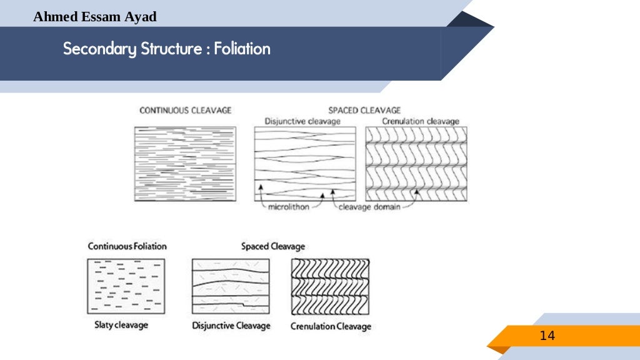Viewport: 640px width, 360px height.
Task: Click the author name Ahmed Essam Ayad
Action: point(95,17)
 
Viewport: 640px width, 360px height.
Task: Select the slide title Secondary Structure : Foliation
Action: point(167,49)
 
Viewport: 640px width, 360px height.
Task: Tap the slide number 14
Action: point(547,336)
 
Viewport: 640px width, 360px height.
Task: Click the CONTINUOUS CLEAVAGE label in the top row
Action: point(185,111)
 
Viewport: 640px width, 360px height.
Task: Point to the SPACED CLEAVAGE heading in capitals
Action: point(364,111)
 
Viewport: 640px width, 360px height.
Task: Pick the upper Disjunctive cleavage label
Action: point(302,121)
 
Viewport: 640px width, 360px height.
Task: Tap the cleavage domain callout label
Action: point(369,207)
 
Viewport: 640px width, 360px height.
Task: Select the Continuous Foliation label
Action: point(127,246)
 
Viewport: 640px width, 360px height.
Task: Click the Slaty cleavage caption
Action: point(121,325)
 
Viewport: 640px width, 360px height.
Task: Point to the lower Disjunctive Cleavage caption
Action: point(231,326)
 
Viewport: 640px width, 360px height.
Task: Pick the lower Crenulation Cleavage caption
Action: point(331,326)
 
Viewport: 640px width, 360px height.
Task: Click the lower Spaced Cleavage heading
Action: point(273,246)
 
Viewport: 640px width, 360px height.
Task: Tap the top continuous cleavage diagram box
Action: point(185,164)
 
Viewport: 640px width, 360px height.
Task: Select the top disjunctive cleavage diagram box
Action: point(305,164)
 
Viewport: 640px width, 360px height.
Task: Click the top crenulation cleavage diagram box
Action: point(416,164)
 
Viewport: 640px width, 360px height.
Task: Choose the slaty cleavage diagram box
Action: point(126,286)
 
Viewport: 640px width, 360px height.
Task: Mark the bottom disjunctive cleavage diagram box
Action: point(231,286)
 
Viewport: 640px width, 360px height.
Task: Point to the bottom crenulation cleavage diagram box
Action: point(331,286)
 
